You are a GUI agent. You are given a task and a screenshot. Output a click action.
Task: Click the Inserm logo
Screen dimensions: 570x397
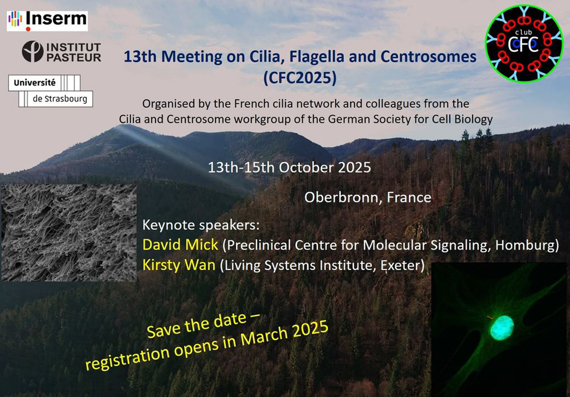[x=47, y=21]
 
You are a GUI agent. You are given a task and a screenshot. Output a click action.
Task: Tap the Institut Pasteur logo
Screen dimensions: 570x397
[x=62, y=52]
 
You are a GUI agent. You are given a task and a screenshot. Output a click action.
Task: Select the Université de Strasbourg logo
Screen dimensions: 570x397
[x=50, y=91]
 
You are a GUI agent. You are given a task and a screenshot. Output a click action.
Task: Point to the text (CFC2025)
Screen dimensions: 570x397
[x=300, y=77]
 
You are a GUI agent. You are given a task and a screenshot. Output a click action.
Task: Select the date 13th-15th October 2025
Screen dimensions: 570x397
[x=289, y=167]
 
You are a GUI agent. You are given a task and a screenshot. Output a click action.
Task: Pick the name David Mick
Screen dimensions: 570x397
[x=180, y=245]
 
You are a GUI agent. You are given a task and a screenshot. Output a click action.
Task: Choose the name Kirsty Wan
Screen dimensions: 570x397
[x=179, y=265]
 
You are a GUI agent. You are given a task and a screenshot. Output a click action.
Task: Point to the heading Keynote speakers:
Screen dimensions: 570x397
[x=201, y=225]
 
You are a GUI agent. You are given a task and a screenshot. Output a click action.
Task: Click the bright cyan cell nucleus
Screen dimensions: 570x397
[x=502, y=328]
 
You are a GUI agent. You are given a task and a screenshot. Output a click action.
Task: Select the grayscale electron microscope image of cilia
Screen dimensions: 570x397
[x=69, y=233]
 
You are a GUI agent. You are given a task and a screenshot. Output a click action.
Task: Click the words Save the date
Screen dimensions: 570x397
[x=197, y=327]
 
